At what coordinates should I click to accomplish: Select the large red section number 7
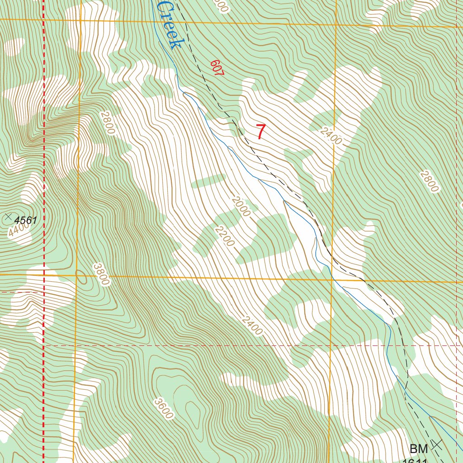tap(261, 132)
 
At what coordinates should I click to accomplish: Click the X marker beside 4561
tap(8, 217)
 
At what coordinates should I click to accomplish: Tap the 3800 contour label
tap(101, 274)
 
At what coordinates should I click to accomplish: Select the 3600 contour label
tap(163, 408)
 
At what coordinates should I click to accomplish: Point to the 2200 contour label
tap(225, 236)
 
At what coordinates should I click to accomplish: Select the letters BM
tap(419, 449)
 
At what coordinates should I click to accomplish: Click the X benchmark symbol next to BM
tap(437, 444)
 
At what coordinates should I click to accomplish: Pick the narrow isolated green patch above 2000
tap(208, 180)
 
